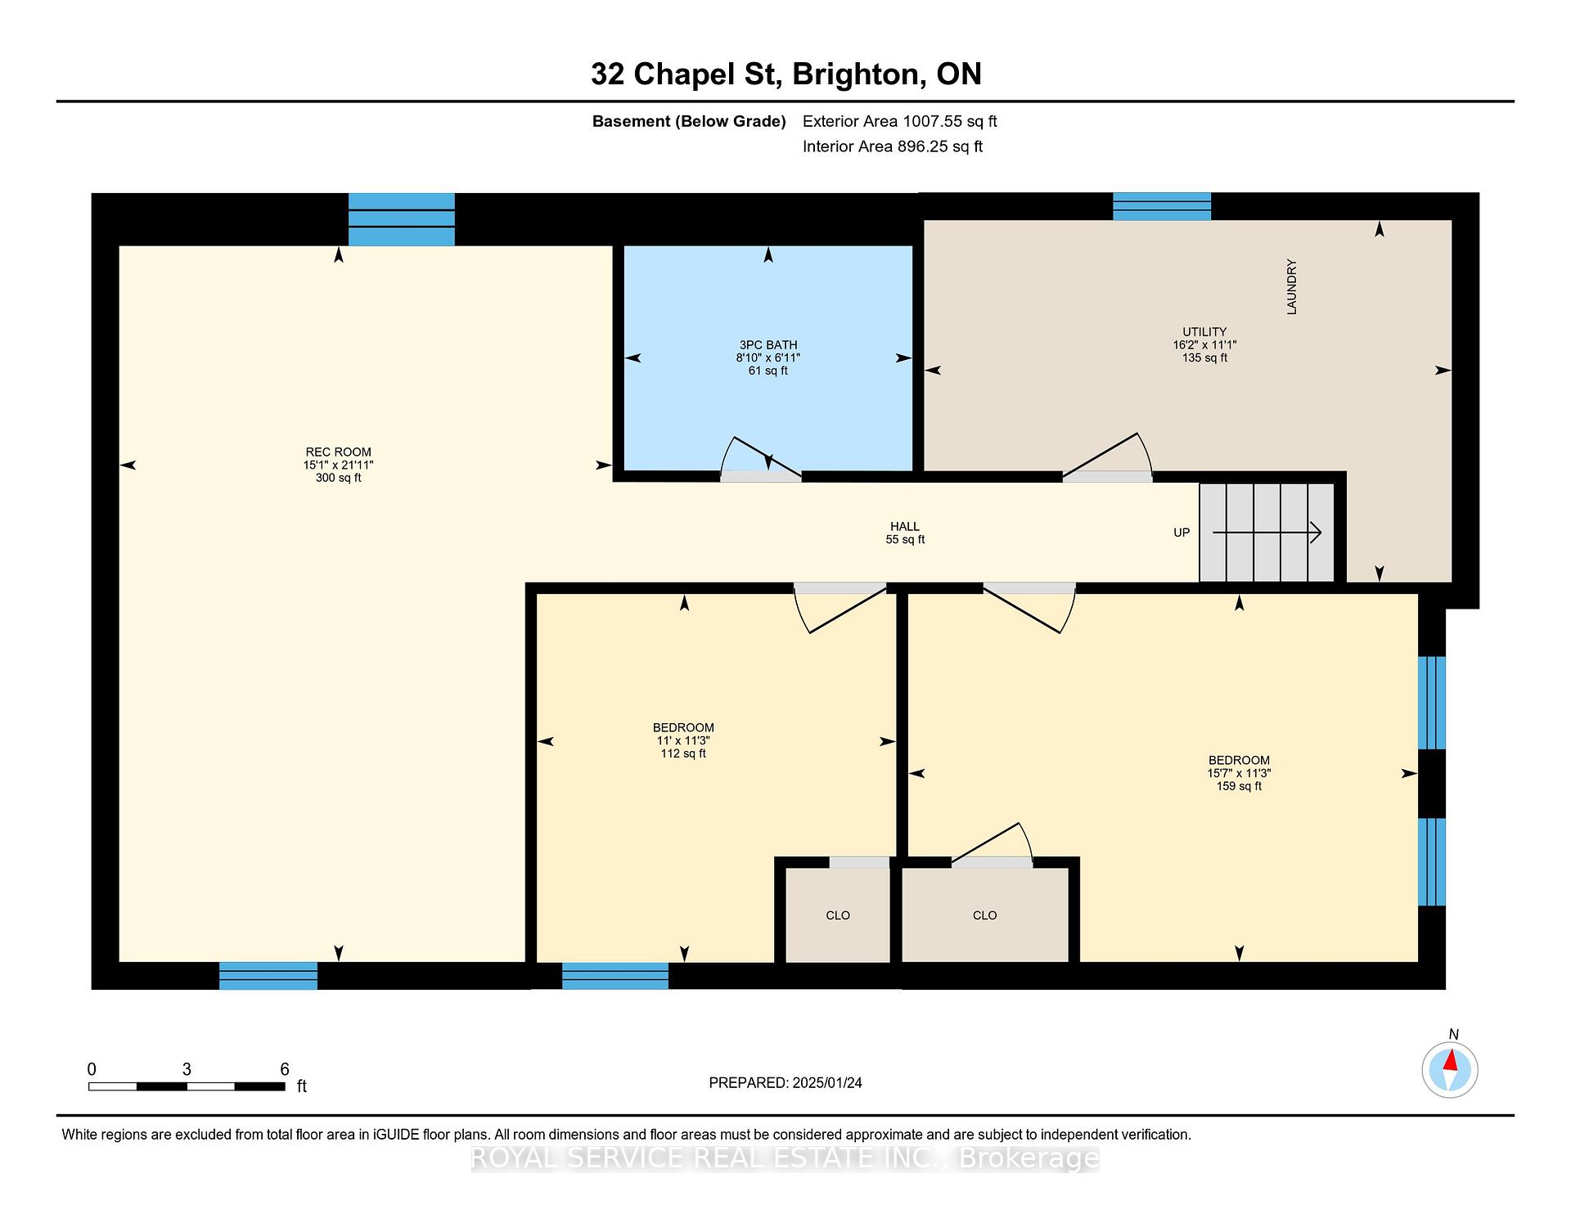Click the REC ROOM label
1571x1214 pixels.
click(x=338, y=452)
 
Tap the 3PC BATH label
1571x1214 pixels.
click(x=767, y=345)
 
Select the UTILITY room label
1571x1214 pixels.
click(x=1204, y=332)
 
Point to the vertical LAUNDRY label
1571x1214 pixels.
click(x=1292, y=287)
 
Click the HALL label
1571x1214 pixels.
click(x=905, y=527)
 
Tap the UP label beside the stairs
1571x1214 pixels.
click(x=1182, y=533)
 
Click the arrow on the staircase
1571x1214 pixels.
click(x=1267, y=533)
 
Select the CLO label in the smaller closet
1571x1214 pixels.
click(x=838, y=915)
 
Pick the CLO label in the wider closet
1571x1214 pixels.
click(x=985, y=915)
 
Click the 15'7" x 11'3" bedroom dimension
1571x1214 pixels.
click(x=1239, y=773)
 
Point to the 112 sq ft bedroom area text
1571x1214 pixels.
click(x=683, y=753)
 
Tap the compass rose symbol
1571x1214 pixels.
click(x=1450, y=1070)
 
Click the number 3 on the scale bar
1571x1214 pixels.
click(x=187, y=1069)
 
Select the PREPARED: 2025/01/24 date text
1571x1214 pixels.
click(x=785, y=1083)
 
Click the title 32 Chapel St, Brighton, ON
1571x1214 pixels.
click(x=785, y=74)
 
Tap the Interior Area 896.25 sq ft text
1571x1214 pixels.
click(x=893, y=146)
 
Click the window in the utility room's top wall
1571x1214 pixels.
click(x=1162, y=206)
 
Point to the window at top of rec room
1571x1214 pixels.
click(x=402, y=219)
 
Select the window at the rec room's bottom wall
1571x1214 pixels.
click(x=268, y=976)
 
